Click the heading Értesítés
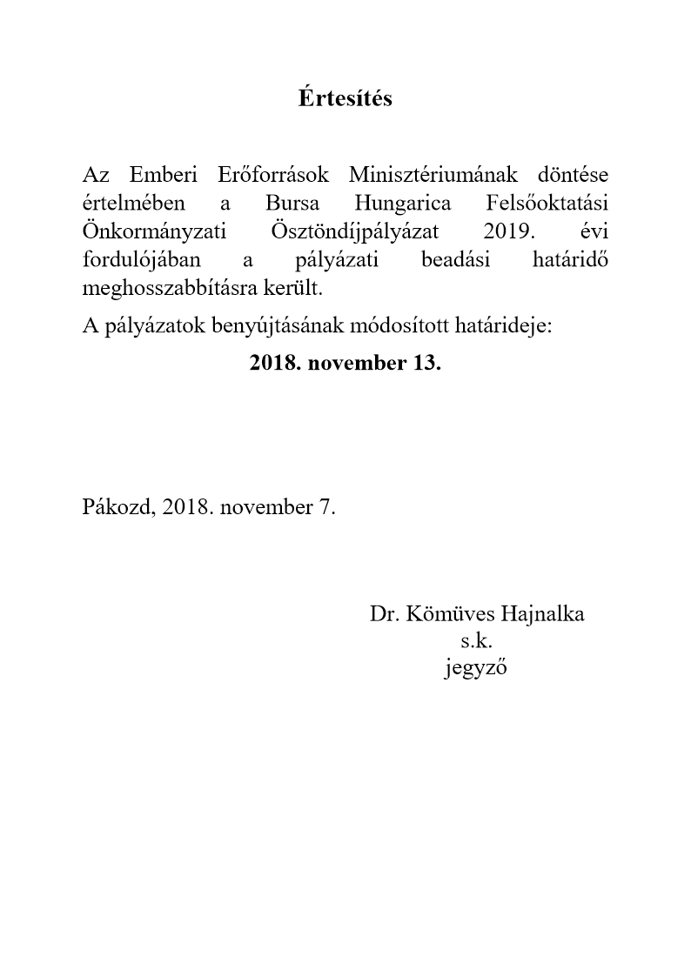(x=345, y=98)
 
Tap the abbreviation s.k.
(x=477, y=642)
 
